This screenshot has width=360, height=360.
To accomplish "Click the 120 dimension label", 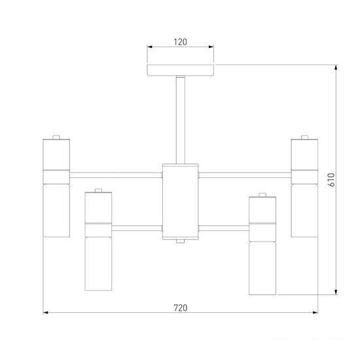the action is [x=180, y=42].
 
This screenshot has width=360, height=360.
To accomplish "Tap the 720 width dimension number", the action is [x=181, y=308].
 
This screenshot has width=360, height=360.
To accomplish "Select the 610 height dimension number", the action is [x=331, y=179].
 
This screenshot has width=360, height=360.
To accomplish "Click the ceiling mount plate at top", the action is [x=181, y=70].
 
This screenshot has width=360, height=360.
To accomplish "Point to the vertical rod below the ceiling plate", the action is [x=181, y=120].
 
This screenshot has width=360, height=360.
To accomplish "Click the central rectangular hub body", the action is [x=181, y=202].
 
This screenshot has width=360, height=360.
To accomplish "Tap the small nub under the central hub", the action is [x=181, y=241].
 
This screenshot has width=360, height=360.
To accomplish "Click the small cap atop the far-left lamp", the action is [x=56, y=137].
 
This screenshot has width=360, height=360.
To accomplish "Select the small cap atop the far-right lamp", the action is [x=304, y=137].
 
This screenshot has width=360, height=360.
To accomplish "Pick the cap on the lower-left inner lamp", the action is [x=98, y=190].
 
